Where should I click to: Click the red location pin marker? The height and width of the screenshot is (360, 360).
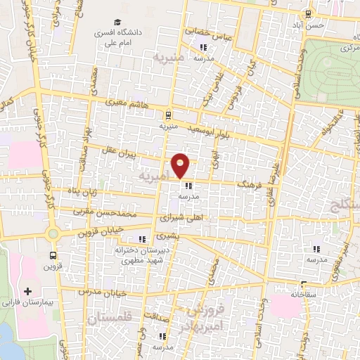(x=181, y=165)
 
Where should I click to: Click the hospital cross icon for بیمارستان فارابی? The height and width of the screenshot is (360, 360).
(x=27, y=291)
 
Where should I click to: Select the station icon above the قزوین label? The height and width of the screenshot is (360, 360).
(x=53, y=255)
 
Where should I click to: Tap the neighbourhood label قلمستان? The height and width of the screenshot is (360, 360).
(x=110, y=319)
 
